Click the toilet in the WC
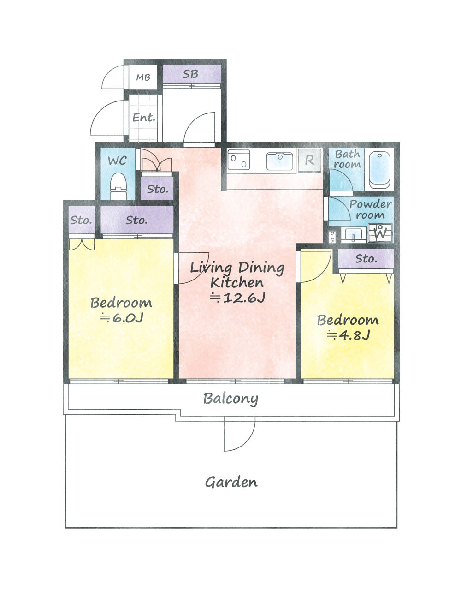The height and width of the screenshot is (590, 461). pyautogui.click(x=118, y=186)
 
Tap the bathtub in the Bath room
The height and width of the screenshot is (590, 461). pyautogui.click(x=379, y=171)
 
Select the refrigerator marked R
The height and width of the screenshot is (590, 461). pyautogui.click(x=309, y=161)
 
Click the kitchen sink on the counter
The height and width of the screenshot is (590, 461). pyautogui.click(x=280, y=161)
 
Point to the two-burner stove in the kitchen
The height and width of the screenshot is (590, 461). pyautogui.click(x=239, y=160)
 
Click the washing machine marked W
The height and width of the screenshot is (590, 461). pyautogui.click(x=380, y=233)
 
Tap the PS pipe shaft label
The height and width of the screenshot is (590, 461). pyautogui.click(x=332, y=237)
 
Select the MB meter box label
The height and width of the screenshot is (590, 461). pyautogui.click(x=143, y=77)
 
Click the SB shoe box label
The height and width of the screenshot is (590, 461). pyautogui.click(x=190, y=74)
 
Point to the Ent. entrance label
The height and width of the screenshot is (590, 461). pyautogui.click(x=144, y=118)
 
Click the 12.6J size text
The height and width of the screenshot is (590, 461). pyautogui.click(x=237, y=298)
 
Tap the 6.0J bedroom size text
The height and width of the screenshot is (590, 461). pyautogui.click(x=121, y=318)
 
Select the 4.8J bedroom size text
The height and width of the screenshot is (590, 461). pyautogui.click(x=348, y=335)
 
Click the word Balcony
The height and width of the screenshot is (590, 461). pyautogui.click(x=230, y=399)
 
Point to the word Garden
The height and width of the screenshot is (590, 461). pyautogui.click(x=231, y=483)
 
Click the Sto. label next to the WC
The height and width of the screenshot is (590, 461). pyautogui.click(x=158, y=189)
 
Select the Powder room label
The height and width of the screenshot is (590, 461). pyautogui.click(x=370, y=209)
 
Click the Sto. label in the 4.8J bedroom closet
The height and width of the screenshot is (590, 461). pyautogui.click(x=366, y=258)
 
